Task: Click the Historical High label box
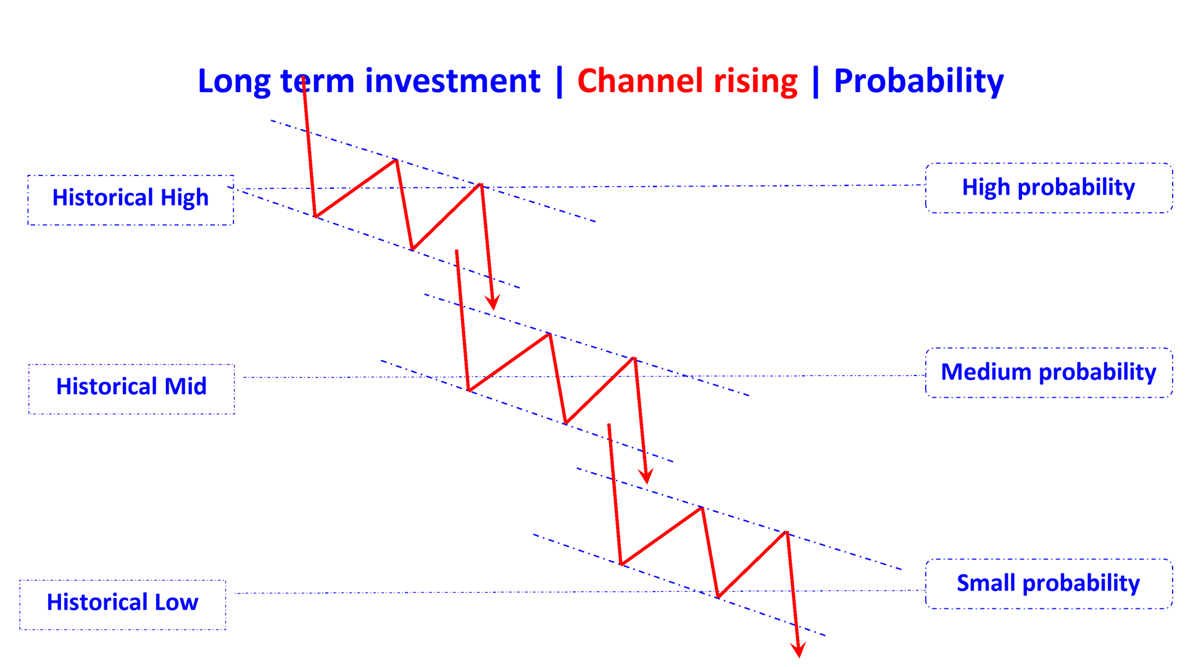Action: pyautogui.click(x=130, y=199)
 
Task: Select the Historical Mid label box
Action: pyautogui.click(x=131, y=388)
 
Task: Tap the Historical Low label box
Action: pyautogui.click(x=123, y=603)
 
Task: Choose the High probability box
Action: pyautogui.click(x=1049, y=188)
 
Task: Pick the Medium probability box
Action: pyautogui.click(x=1049, y=372)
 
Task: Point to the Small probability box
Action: pyautogui.click(x=1049, y=584)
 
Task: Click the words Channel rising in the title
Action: pyautogui.click(x=687, y=82)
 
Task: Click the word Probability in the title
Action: pyautogui.click(x=918, y=82)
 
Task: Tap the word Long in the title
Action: pyautogui.click(x=234, y=82)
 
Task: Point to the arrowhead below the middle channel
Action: pyautogui.click(x=646, y=476)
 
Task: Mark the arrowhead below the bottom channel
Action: pyautogui.click(x=798, y=650)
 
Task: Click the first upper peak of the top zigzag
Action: pyautogui.click(x=396, y=161)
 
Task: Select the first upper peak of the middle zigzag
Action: pyautogui.click(x=549, y=334)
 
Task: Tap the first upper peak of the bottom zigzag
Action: pyautogui.click(x=702, y=508)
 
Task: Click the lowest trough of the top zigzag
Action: pyautogui.click(x=412, y=249)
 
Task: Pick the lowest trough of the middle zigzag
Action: pyautogui.click(x=565, y=423)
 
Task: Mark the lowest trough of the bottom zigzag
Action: pyautogui.click(x=718, y=597)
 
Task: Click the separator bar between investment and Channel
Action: pyautogui.click(x=559, y=82)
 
